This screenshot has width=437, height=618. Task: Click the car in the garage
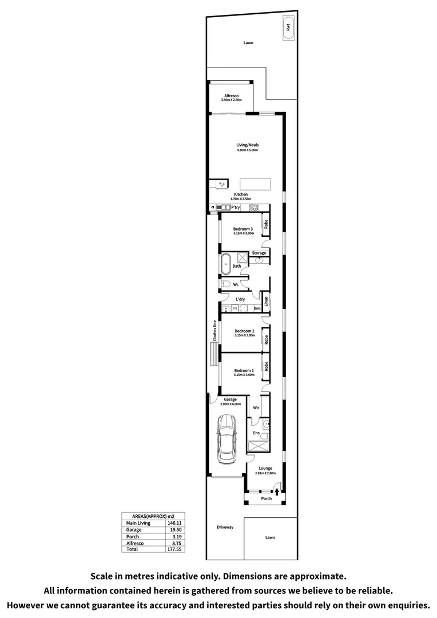(x=227, y=439)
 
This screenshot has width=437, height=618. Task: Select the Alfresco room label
(x=231, y=96)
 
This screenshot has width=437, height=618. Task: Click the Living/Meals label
(x=248, y=145)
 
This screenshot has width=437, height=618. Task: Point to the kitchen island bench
(x=256, y=184)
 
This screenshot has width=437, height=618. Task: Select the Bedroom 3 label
(x=243, y=229)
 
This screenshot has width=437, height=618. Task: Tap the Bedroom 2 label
(x=244, y=331)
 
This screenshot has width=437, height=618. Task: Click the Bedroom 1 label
(x=244, y=370)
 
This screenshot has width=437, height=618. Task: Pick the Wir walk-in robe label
(x=257, y=408)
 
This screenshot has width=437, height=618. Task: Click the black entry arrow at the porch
(x=277, y=490)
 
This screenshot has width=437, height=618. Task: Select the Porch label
(x=266, y=498)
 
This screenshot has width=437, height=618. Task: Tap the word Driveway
(x=225, y=527)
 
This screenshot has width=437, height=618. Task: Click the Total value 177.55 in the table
(x=173, y=549)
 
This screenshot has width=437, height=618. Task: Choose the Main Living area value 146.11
(x=173, y=523)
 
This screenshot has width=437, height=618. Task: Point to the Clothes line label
(x=214, y=331)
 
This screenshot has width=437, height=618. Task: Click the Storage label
(x=259, y=253)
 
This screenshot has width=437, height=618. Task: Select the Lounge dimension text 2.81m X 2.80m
(x=265, y=473)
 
